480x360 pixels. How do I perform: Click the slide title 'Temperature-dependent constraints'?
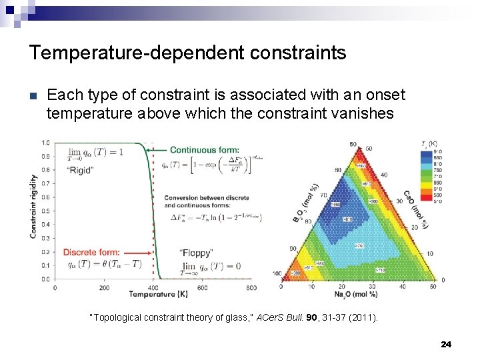pyautogui.click(x=187, y=53)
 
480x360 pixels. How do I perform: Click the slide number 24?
pyautogui.click(x=446, y=344)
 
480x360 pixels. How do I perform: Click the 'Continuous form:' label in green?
pyautogui.click(x=201, y=150)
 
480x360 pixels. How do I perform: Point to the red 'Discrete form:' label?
pyautogui.click(x=91, y=252)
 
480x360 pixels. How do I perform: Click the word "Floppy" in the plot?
pyautogui.click(x=196, y=253)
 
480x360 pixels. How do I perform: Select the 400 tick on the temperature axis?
pyautogui.click(x=153, y=288)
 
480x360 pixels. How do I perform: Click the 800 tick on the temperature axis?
pyautogui.click(x=251, y=288)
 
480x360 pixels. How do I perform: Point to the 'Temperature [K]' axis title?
pyautogui.click(x=153, y=295)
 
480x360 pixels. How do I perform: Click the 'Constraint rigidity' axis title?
pyautogui.click(x=33, y=207)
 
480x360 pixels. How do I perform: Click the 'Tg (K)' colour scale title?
pyautogui.click(x=429, y=143)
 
